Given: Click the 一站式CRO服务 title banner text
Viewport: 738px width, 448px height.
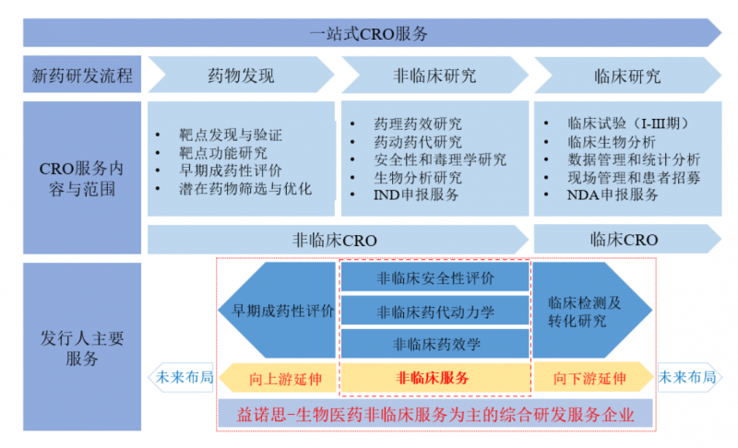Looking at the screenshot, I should tap(369, 33).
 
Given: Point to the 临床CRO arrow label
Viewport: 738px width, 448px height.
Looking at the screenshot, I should tap(624, 240).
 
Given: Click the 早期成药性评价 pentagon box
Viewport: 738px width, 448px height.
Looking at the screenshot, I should tap(277, 310).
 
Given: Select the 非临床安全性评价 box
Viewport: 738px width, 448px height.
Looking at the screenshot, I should tap(435, 277).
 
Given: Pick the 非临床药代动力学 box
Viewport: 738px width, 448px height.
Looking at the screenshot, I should tap(435, 312).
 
